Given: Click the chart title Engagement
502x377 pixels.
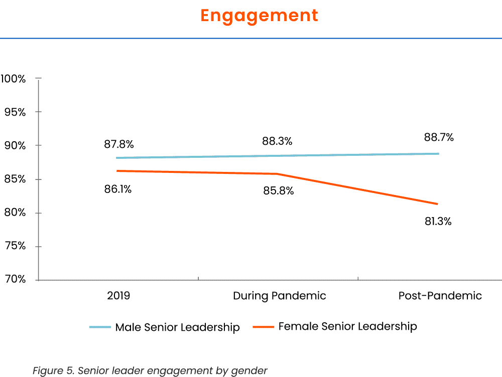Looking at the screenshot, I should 259,15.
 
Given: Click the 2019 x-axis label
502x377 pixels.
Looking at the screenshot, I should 118,296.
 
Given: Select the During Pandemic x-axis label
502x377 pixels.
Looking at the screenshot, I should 280,296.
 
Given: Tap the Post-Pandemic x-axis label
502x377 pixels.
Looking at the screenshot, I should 440,296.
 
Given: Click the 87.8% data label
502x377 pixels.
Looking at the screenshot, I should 119,144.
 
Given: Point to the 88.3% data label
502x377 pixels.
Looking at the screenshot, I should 277,141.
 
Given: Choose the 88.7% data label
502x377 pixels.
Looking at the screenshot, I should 439,137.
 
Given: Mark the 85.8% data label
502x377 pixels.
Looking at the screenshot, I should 279,191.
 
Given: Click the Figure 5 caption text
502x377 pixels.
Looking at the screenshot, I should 150,371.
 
